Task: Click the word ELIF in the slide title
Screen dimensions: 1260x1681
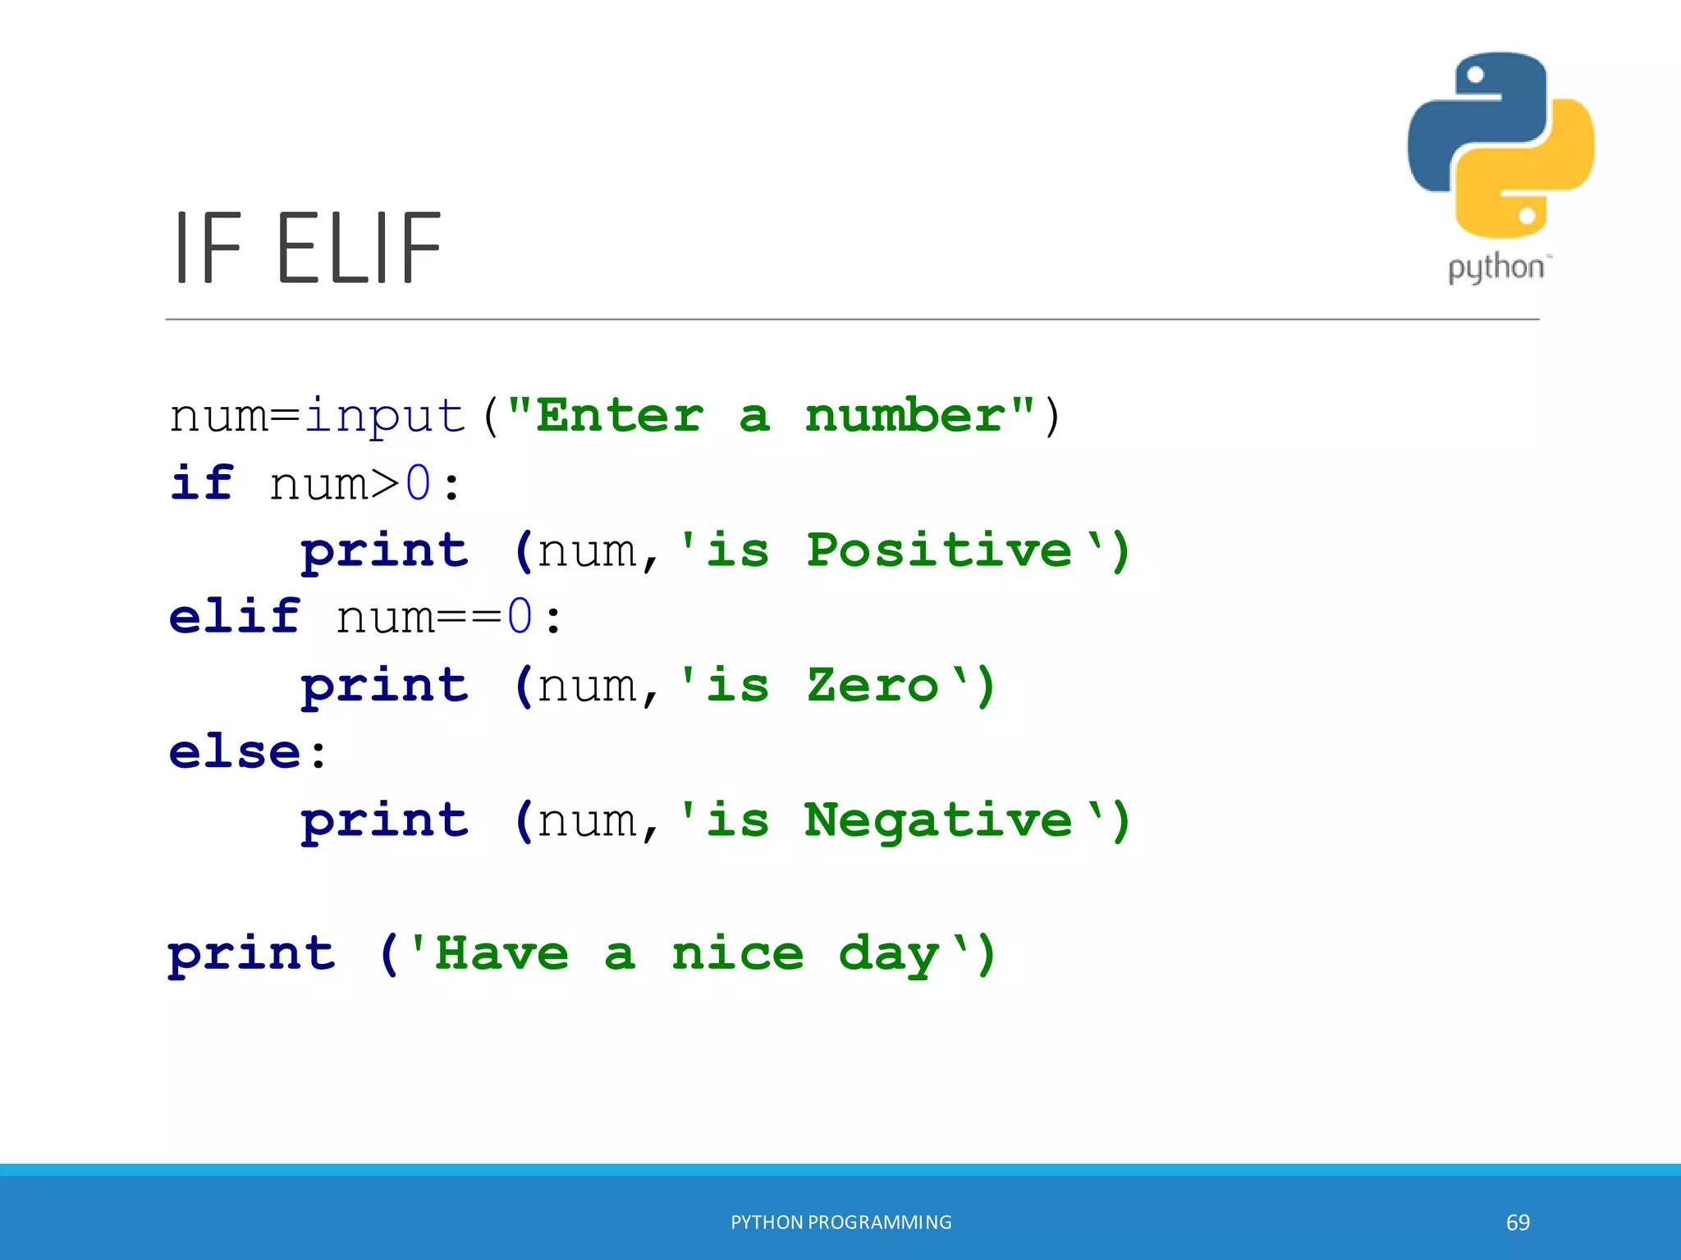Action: coord(359,248)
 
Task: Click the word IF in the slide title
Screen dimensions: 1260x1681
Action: coord(208,248)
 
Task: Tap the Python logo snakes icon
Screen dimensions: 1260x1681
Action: coord(1500,145)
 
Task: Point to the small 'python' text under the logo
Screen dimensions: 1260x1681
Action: coord(1496,268)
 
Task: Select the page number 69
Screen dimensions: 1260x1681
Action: coord(1518,1223)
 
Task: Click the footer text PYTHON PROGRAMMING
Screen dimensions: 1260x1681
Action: coord(841,1222)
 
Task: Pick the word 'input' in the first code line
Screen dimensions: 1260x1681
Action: coord(385,417)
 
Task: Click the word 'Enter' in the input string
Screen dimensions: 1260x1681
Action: coord(620,415)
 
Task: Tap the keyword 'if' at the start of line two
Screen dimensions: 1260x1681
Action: coord(202,482)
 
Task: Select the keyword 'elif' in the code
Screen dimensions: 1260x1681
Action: coord(235,616)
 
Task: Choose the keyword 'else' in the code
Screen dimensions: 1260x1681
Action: coord(235,751)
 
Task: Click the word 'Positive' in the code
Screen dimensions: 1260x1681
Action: coord(939,550)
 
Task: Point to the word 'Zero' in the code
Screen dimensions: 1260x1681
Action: coord(872,685)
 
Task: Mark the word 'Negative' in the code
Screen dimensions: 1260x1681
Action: coord(938,820)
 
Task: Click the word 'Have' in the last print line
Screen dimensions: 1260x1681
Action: coord(502,954)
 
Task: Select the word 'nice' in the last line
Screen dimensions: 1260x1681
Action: coord(737,954)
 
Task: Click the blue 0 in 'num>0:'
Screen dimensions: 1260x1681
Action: coord(418,483)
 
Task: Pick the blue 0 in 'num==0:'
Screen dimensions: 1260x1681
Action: coord(520,617)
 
